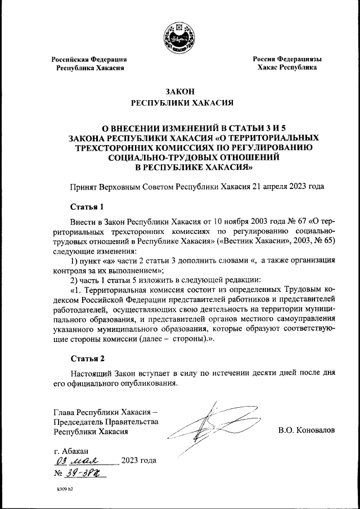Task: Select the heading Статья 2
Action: (87, 358)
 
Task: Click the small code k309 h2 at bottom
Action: (65, 489)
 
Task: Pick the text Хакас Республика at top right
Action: (287, 67)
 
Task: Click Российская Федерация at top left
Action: (89, 59)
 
